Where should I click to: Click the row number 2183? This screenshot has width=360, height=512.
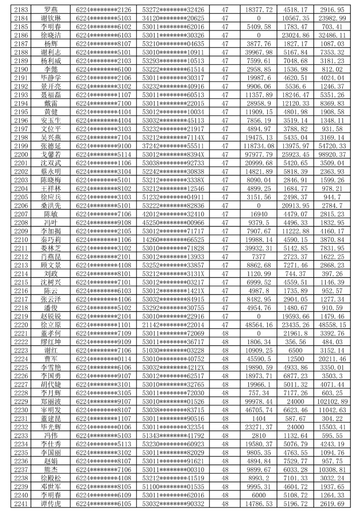tap(21, 10)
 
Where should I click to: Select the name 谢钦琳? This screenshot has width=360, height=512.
tap(51, 18)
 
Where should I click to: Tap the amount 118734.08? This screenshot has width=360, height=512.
tap(259, 146)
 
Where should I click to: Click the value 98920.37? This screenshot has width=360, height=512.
tap(332, 155)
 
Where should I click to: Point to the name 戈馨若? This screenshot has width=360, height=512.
tap(51, 155)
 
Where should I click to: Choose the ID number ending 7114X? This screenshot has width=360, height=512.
tap(173, 138)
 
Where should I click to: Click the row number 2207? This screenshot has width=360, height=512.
tap(21, 214)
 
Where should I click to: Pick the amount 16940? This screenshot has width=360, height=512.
tap(259, 214)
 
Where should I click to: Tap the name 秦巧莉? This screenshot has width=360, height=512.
tap(51, 240)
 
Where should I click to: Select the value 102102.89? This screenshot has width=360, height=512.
tap(332, 402)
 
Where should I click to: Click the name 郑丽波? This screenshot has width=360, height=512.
tap(51, 402)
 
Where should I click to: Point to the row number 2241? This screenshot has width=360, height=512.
tap(21, 504)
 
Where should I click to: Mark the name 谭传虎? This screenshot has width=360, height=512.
tap(51, 504)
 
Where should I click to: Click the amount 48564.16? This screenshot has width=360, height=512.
tap(259, 325)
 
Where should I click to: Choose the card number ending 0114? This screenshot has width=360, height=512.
tap(104, 359)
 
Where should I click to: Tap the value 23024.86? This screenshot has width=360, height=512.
tap(295, 35)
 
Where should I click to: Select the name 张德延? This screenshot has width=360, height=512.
tap(51, 146)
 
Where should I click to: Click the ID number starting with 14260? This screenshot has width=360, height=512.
tap(173, 240)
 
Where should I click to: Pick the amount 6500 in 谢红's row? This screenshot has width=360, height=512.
tap(295, 351)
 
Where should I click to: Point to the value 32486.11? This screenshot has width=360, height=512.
tap(332, 35)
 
